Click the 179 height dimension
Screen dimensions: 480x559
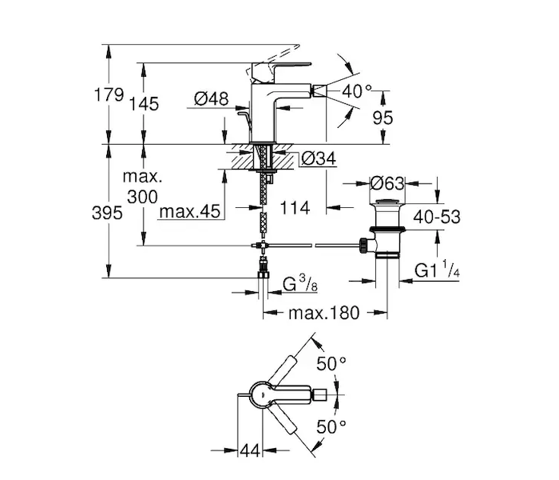click(x=108, y=94)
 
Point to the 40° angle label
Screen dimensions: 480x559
click(x=357, y=91)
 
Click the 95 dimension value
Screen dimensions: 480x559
click(x=384, y=118)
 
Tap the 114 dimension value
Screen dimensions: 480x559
click(x=296, y=209)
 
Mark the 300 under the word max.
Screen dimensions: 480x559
click(x=142, y=196)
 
